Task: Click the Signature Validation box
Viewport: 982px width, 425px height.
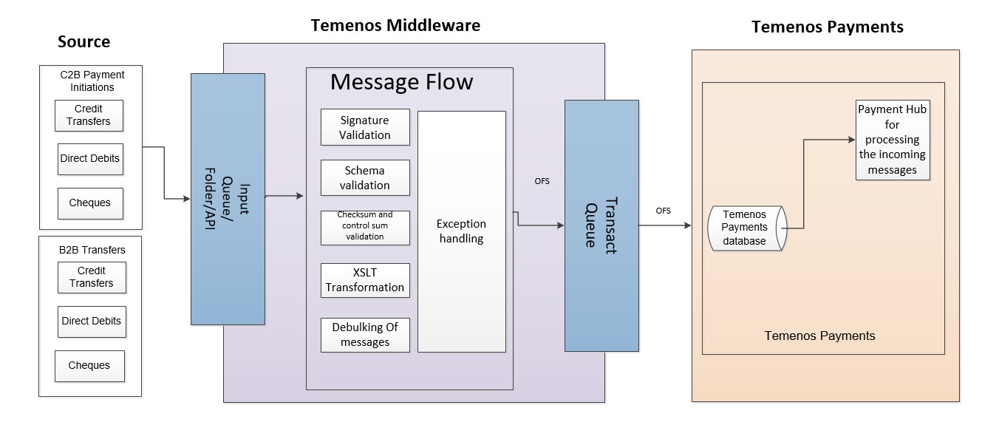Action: coord(365,127)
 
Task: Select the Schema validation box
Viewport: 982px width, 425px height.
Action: coord(365,178)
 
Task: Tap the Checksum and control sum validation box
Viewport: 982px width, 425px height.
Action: coord(365,226)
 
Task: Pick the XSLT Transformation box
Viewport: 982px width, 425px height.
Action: coord(365,280)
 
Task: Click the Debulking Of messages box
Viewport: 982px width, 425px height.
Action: coord(365,335)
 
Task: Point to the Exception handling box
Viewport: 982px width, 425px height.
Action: coord(461,231)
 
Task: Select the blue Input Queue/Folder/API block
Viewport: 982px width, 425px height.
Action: coord(228,199)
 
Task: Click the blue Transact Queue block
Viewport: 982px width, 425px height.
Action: coord(601,225)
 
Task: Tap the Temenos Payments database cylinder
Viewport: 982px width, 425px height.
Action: coord(745,228)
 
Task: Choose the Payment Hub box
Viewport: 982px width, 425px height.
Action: coord(892,140)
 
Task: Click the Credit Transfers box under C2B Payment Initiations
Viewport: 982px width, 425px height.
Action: coord(89,115)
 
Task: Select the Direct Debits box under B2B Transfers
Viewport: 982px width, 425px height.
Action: coord(91,322)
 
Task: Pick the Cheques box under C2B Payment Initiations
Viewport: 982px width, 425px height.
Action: coord(89,203)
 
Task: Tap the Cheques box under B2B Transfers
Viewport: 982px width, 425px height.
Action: coord(89,366)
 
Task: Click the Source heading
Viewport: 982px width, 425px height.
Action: coord(84,41)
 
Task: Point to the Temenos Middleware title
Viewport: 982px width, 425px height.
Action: coord(396,26)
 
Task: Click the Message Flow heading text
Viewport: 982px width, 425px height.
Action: coord(401,81)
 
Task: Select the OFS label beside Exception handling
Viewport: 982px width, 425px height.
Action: coord(542,181)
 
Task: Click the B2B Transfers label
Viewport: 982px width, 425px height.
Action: coord(92,250)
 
